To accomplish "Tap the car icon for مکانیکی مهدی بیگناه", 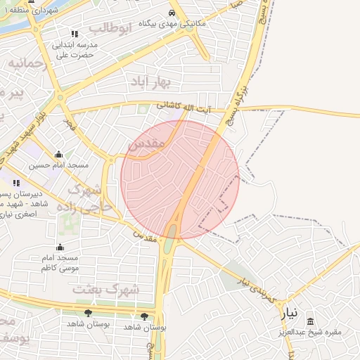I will click(x=172, y=13).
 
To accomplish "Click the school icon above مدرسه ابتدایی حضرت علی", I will click(x=75, y=33).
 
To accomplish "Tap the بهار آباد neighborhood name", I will click(x=150, y=83).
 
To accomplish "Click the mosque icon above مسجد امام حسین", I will click(x=58, y=155).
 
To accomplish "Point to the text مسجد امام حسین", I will click(x=58, y=166).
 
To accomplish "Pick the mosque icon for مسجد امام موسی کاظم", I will click(x=60, y=247).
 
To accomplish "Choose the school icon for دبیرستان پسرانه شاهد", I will click(x=16, y=183).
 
